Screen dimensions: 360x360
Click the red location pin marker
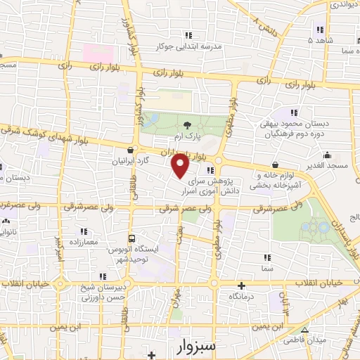coord(181,166)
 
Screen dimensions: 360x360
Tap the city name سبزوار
coord(192,346)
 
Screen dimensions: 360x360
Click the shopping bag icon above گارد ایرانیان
coord(131,149)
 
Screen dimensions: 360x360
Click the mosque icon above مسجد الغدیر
coord(326,155)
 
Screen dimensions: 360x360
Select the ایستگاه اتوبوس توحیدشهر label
coord(134,255)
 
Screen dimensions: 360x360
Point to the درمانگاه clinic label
coord(241,297)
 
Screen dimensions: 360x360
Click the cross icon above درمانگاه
coord(241,286)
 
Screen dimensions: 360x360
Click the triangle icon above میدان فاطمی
coord(304,329)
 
